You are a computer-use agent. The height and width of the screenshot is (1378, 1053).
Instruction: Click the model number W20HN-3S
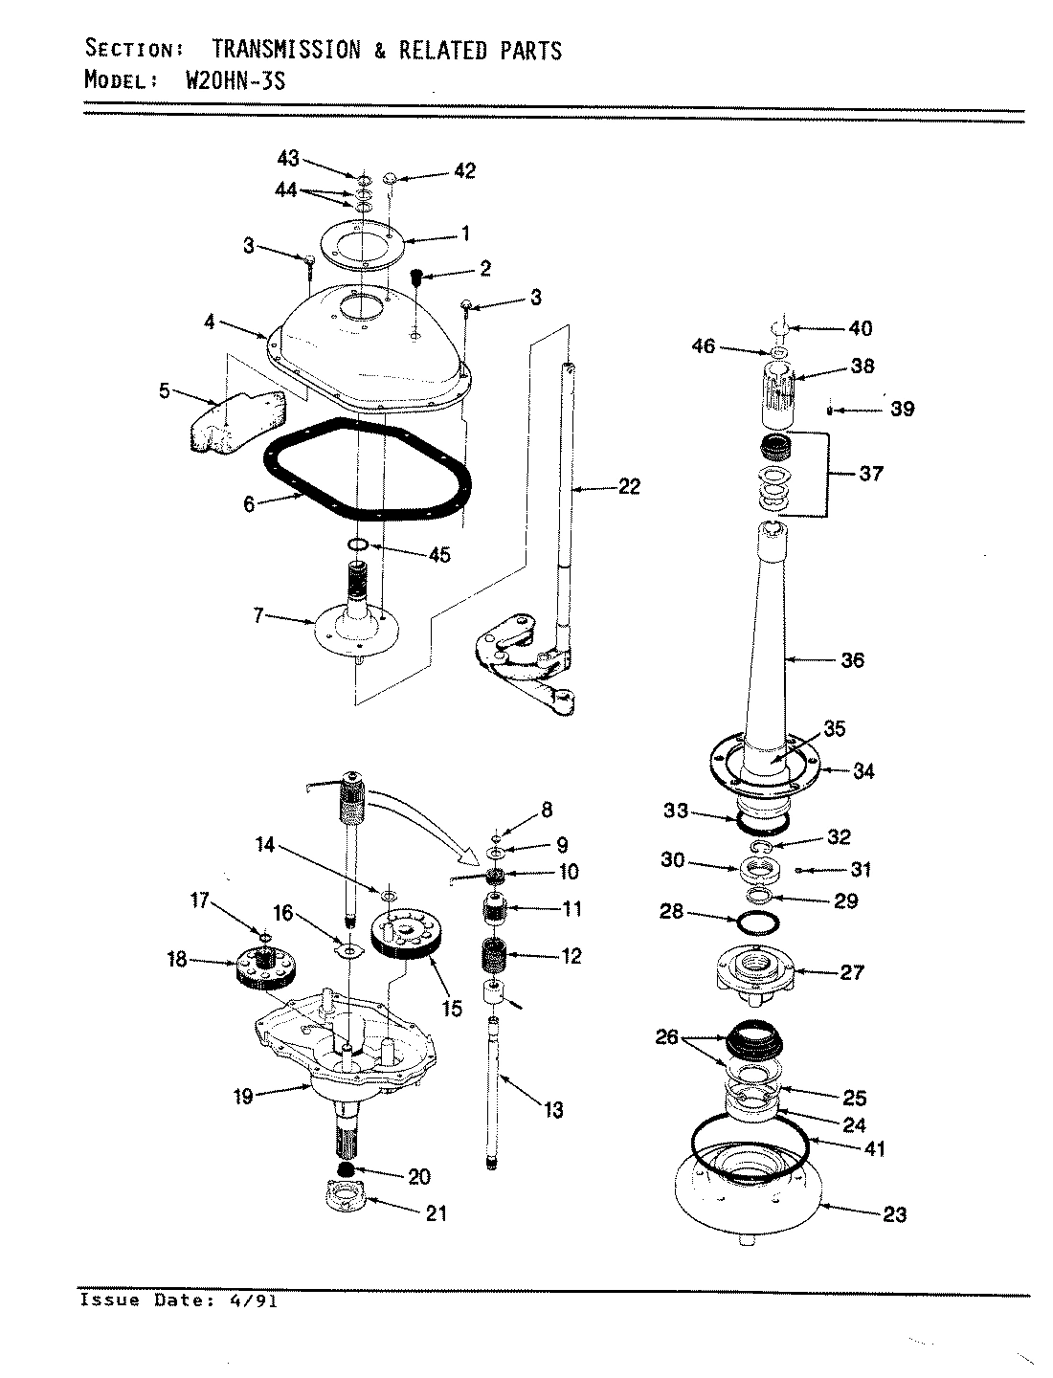coord(234,80)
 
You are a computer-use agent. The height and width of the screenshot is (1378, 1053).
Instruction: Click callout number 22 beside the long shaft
coord(628,486)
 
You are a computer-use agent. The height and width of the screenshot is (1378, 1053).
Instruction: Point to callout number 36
coord(851,659)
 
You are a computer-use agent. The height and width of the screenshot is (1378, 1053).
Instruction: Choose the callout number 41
coord(875,1149)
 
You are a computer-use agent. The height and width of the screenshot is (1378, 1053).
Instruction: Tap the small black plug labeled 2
coord(417,278)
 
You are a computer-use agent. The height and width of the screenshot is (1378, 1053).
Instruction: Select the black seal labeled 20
coord(347,1171)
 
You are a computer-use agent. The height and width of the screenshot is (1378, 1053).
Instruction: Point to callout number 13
coord(552,1110)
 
